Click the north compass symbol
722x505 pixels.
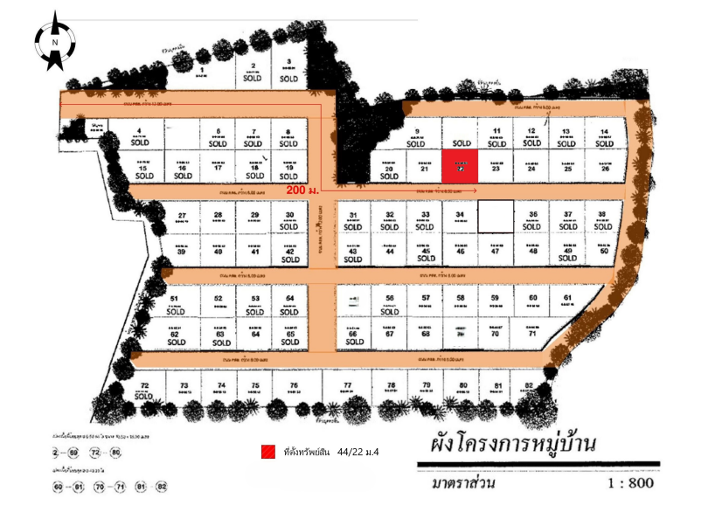55,41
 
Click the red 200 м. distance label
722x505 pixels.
302,190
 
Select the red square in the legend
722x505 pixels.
268,452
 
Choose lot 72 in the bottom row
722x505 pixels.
146,390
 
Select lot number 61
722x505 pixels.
567,301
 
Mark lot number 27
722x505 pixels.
182,218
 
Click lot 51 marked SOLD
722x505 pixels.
173,304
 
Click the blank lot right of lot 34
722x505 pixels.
495,216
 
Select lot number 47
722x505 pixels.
496,250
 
